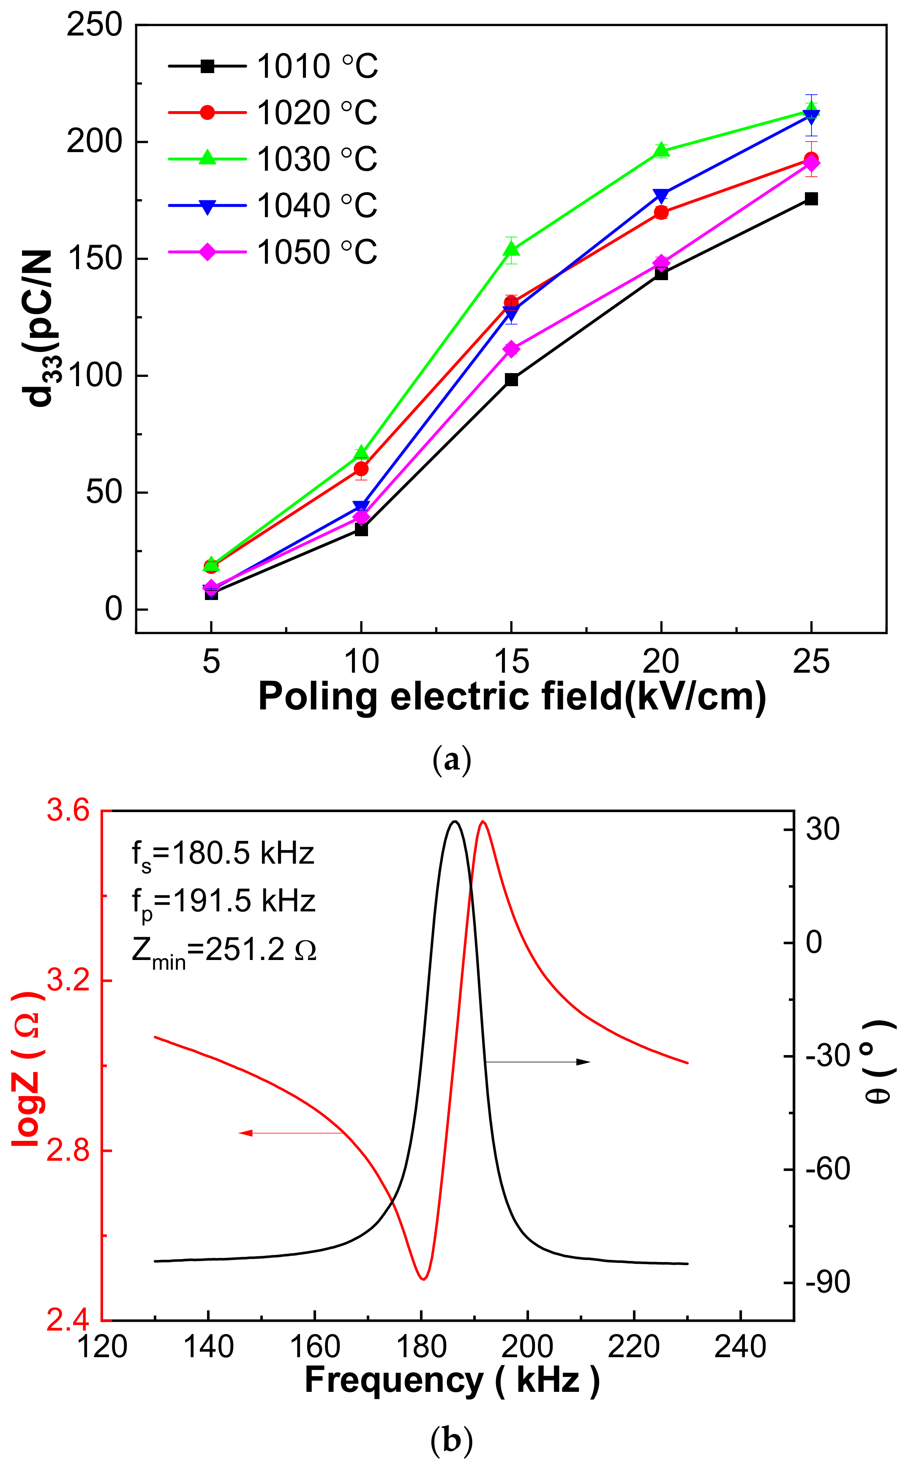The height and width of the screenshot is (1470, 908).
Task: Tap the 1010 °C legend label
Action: tap(316, 66)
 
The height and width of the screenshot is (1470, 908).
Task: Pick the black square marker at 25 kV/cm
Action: tap(811, 199)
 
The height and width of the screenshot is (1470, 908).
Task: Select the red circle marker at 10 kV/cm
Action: tap(361, 469)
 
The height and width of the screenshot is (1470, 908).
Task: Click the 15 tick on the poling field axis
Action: tap(511, 662)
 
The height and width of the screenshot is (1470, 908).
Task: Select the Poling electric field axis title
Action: tap(512, 697)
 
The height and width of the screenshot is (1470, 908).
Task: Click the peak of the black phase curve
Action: tap(455, 821)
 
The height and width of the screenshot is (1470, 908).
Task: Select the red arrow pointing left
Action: tap(291, 1133)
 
